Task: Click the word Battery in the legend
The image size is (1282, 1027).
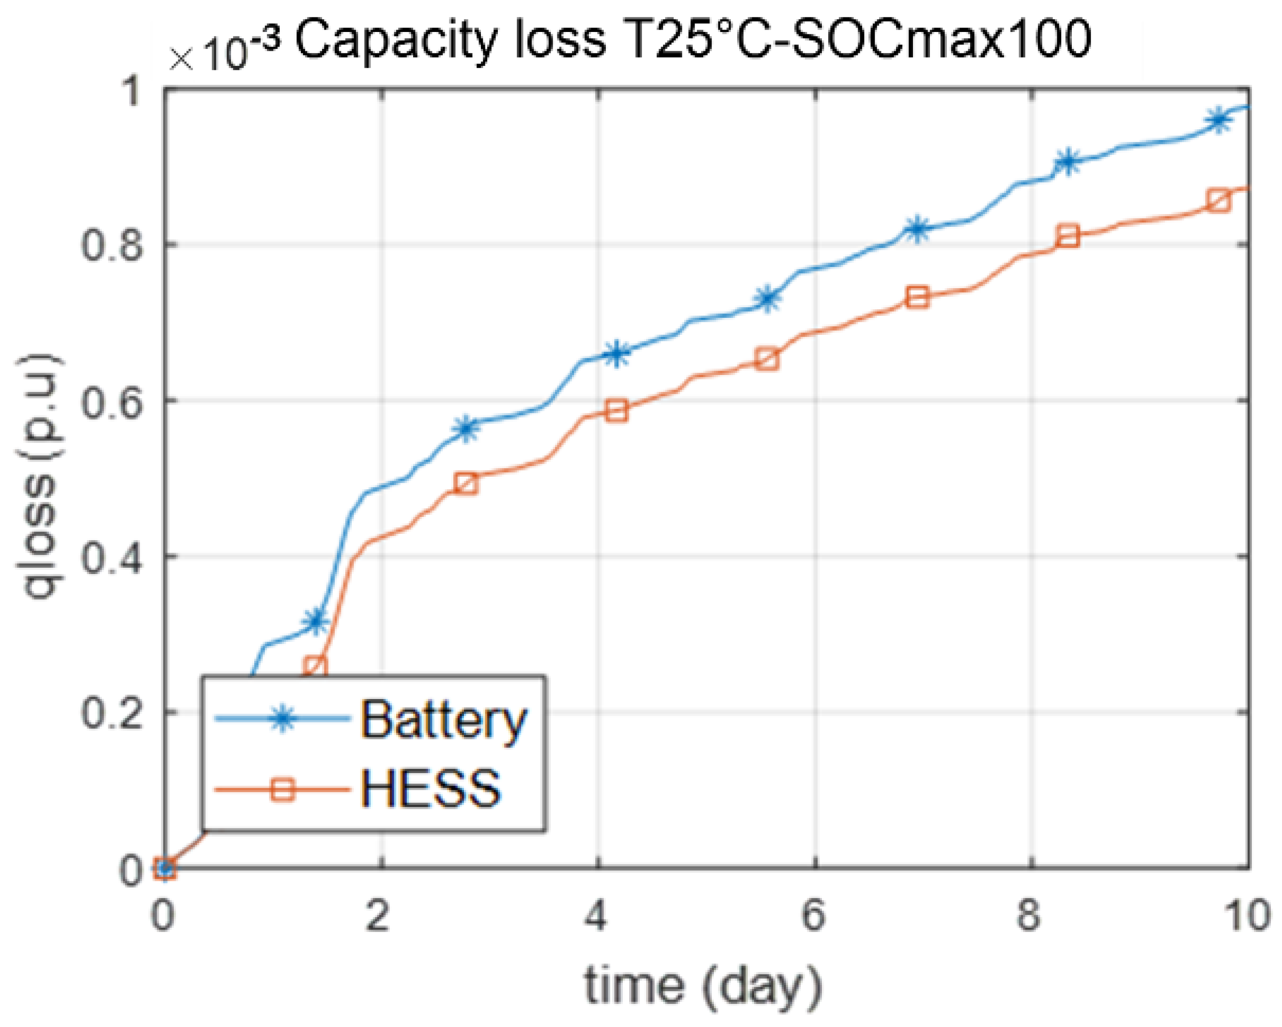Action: point(444,721)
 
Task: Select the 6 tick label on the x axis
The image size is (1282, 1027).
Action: point(814,914)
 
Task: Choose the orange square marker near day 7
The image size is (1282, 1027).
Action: point(917,297)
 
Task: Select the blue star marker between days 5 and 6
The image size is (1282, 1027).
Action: point(768,298)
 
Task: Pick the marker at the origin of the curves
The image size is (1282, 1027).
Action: point(165,868)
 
